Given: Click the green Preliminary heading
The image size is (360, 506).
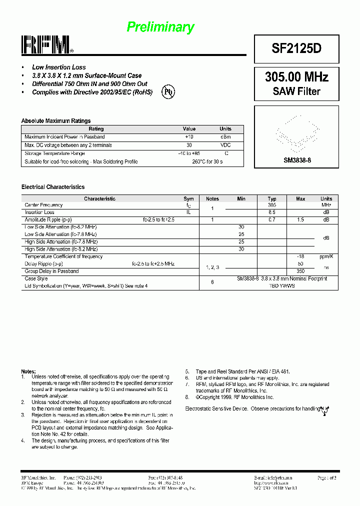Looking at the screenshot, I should tap(160, 27).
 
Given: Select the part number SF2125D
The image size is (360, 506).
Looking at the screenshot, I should tap(296, 48).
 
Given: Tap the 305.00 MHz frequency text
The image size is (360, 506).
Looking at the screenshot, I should tap(296, 77).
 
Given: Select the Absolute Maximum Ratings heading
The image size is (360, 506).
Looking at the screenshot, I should tap(56, 121).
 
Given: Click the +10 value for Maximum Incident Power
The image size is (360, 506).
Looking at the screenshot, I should tap(189, 136).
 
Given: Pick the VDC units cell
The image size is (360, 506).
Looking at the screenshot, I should tap(225, 145).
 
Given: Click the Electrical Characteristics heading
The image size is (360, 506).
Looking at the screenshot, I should tap(53, 187).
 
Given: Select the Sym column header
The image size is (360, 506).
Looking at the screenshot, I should tap(188, 199).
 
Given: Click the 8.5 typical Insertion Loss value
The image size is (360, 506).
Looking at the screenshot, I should tap(272, 212).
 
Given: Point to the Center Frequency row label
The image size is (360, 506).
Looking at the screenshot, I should tap(44, 205).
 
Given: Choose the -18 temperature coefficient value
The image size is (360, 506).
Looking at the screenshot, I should tap(300, 256).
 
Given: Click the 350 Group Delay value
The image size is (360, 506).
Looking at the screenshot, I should tap(300, 271).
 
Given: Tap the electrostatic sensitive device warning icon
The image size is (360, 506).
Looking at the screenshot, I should tap(325, 409).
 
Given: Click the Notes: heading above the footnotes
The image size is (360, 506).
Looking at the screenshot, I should tap(28, 371).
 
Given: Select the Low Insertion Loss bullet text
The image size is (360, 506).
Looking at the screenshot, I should tap(58, 67).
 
